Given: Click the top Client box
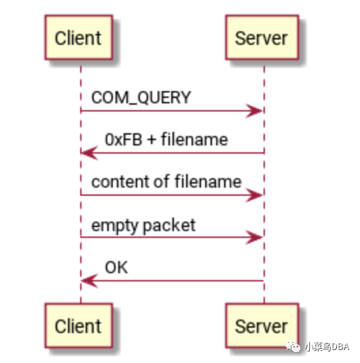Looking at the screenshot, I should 79,37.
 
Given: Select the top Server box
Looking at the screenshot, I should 262,37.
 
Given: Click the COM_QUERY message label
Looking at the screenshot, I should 141,98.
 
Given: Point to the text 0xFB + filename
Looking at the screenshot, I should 166,140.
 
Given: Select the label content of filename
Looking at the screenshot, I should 166,182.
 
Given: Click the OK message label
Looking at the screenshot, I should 116,268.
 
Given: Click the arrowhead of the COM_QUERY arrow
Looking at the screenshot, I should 256,111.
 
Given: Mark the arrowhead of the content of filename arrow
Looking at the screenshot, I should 256,196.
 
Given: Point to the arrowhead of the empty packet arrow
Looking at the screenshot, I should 256,238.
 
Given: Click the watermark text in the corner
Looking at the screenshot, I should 326,347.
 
